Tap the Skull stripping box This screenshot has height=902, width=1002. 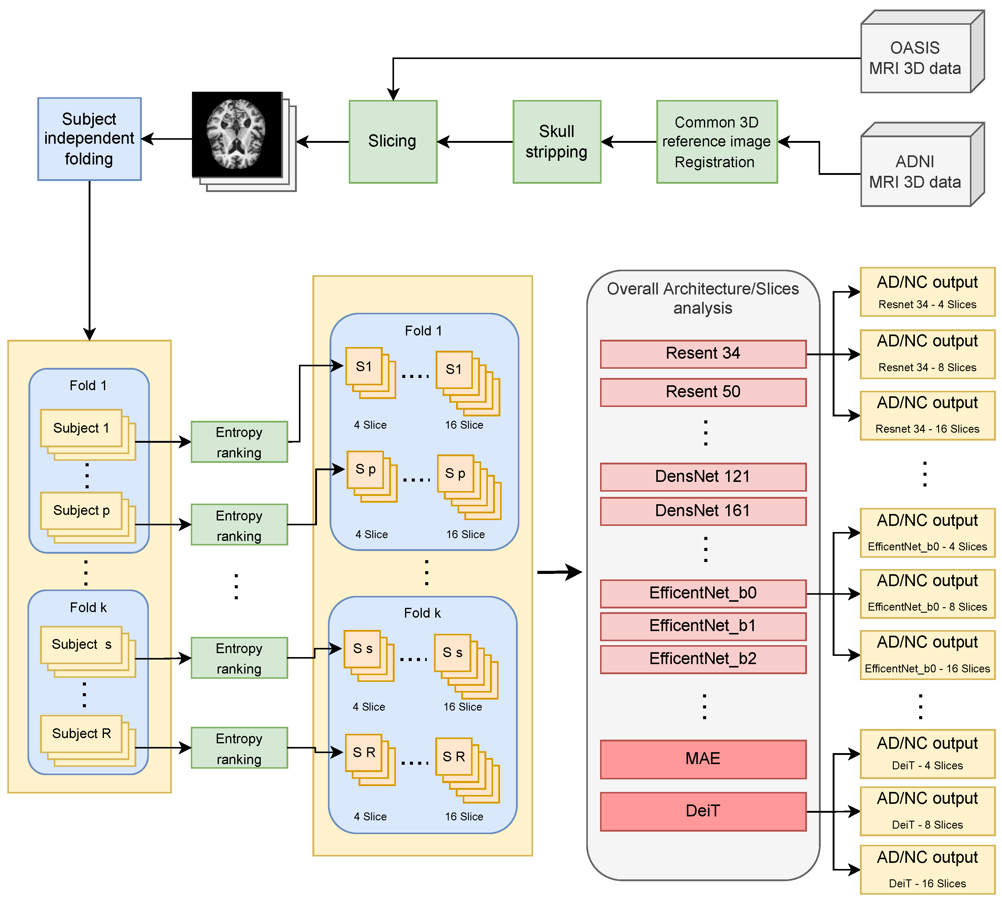(x=557, y=142)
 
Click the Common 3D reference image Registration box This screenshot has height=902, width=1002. (x=717, y=142)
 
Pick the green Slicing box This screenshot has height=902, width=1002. (x=392, y=142)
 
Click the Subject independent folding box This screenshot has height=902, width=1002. (x=89, y=139)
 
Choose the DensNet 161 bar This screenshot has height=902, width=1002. (x=703, y=511)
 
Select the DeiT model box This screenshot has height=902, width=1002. (x=703, y=811)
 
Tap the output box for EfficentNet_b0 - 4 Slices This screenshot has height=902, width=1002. (x=927, y=532)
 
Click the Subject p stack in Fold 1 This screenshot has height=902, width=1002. (x=82, y=511)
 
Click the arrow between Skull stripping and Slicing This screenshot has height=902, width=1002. (x=475, y=142)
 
